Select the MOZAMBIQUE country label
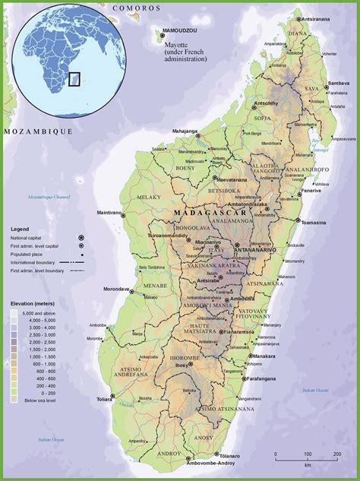pos(37,131)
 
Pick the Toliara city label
pos(103,397)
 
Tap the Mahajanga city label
pos(184,131)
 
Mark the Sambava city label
pos(338,83)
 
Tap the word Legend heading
pos(20,228)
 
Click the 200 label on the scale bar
pos(336,455)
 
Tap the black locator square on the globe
pos(74,78)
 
